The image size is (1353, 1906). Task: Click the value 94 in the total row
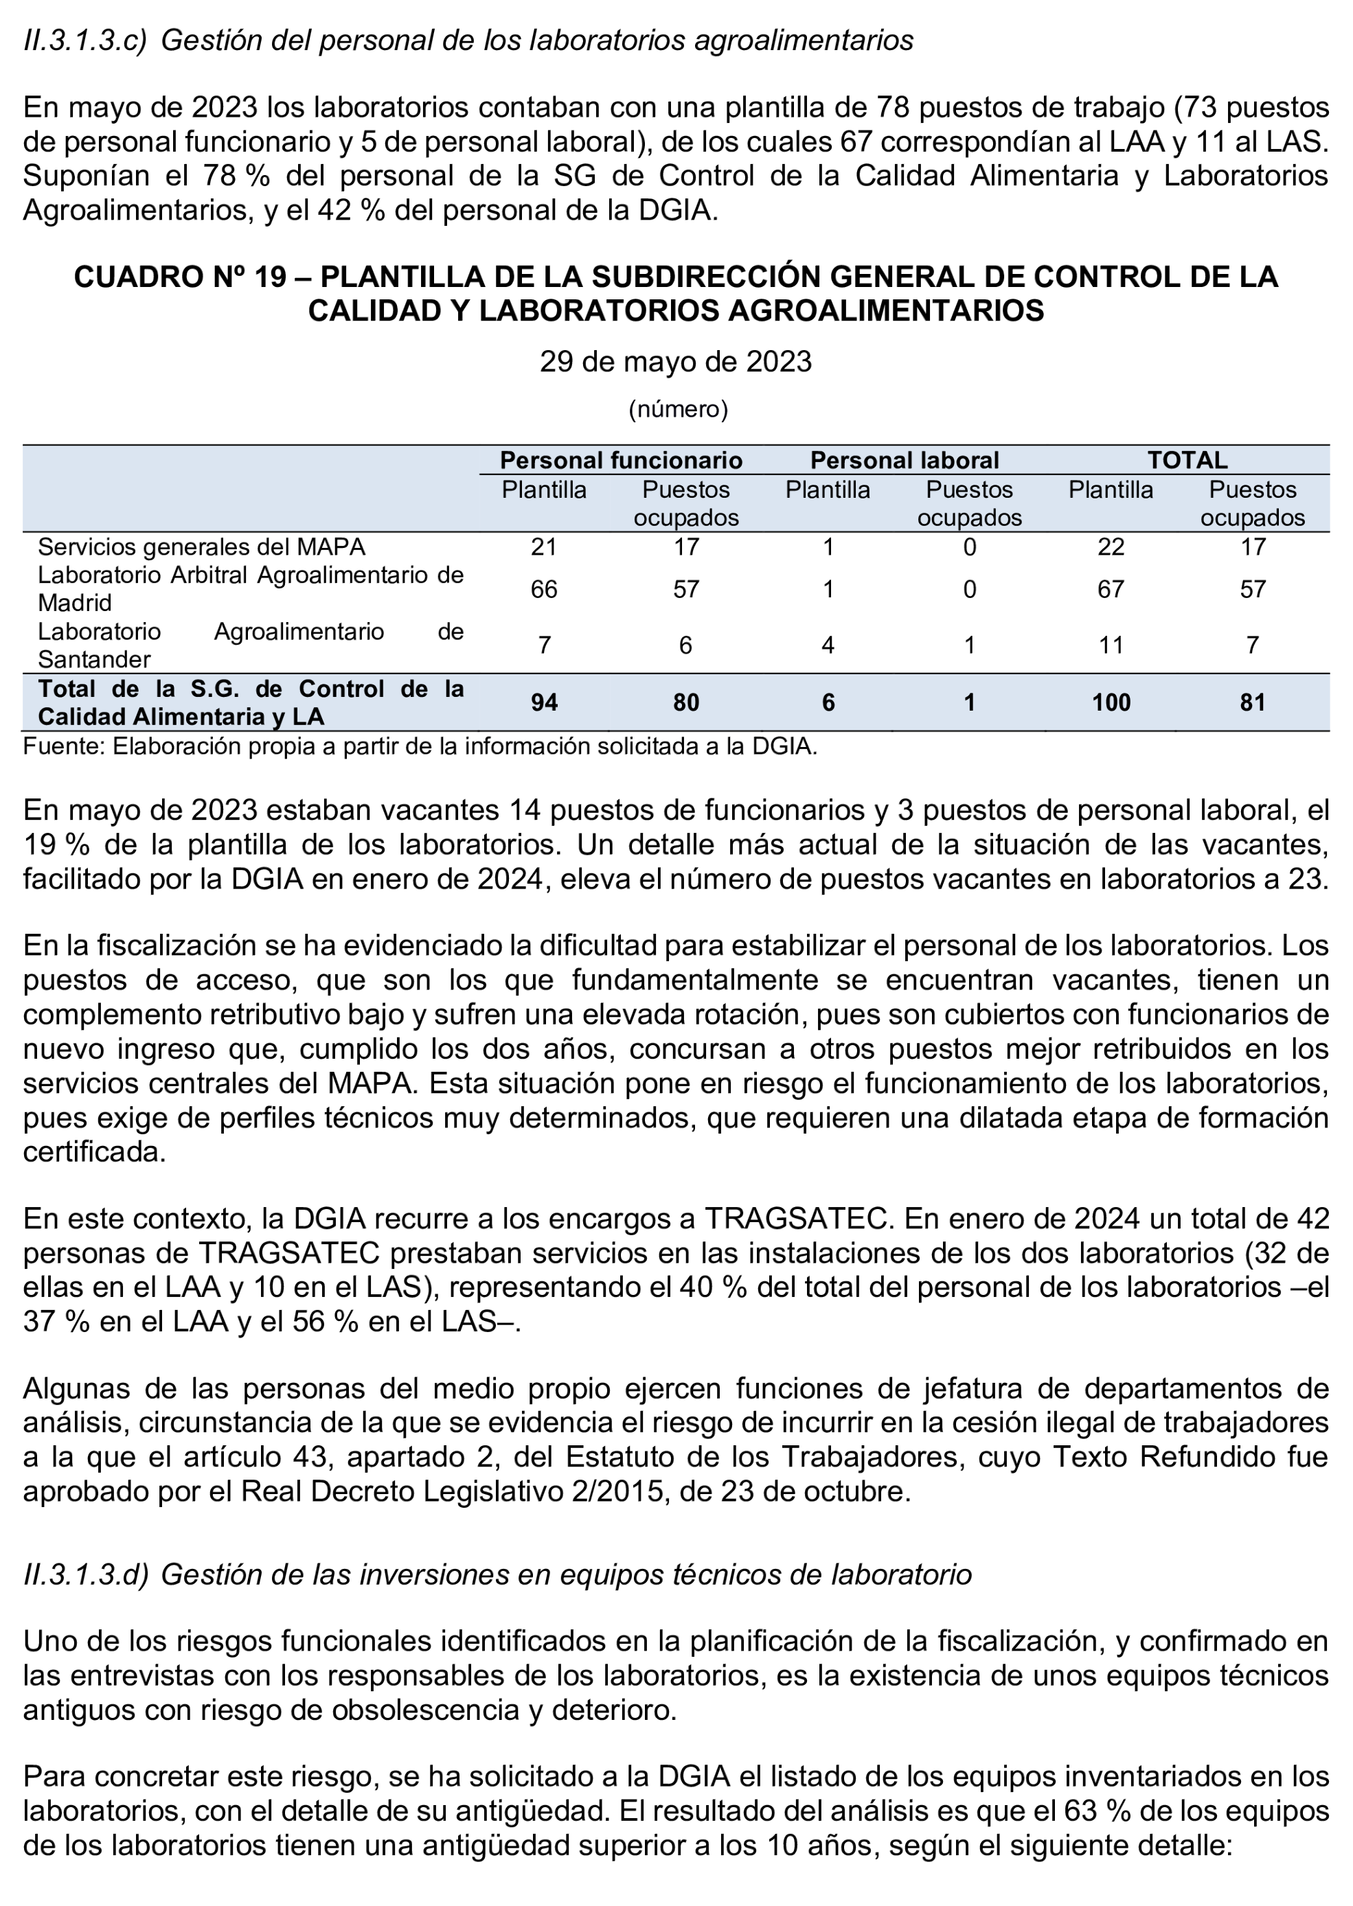(544, 702)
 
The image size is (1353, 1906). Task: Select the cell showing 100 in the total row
(1111, 702)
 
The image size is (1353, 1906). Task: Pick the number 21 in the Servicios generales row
(544, 547)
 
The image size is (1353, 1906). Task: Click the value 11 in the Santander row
(1111, 645)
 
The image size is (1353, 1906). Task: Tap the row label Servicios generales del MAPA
(202, 547)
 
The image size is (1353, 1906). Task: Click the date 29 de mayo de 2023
(676, 361)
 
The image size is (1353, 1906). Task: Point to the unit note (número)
(677, 409)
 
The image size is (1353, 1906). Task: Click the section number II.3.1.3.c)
(85, 39)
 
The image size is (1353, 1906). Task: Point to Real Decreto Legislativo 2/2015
(449, 1491)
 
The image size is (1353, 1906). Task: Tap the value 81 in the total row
(1252, 702)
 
